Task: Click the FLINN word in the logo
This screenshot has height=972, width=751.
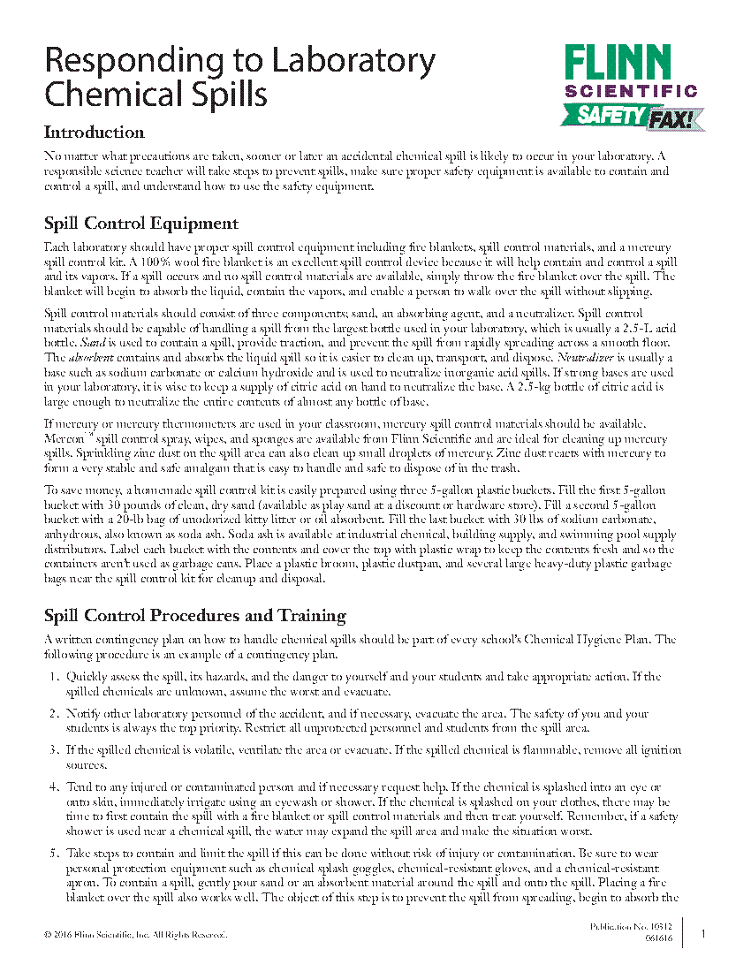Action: [x=630, y=63]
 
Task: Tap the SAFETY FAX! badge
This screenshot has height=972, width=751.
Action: [x=633, y=116]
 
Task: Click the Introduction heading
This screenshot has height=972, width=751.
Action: [x=95, y=133]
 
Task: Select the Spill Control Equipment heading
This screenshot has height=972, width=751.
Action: [x=140, y=223]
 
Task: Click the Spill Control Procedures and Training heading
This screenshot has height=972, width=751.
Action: [x=194, y=615]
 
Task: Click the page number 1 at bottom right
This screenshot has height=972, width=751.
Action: [x=703, y=933]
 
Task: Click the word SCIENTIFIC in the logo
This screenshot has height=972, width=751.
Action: [x=630, y=90]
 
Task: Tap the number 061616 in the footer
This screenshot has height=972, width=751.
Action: [x=658, y=938]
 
